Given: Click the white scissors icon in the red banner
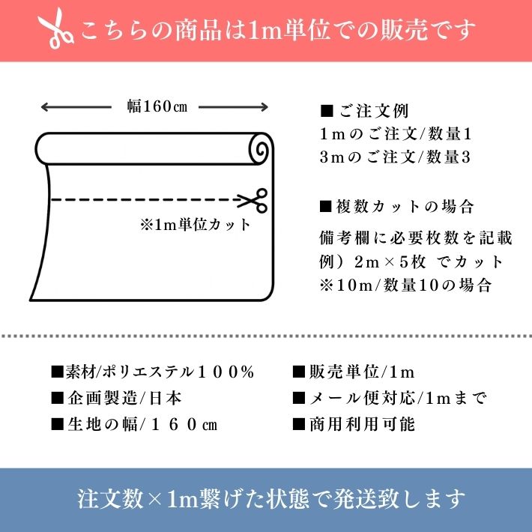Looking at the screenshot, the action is click(55, 28).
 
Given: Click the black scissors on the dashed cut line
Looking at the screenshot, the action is click(253, 201).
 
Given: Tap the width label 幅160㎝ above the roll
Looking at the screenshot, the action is click(157, 106).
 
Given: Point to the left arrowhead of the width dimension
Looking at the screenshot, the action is click(43, 107).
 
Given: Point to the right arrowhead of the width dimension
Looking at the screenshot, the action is click(265, 107).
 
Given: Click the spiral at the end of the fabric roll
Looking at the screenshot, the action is click(262, 148).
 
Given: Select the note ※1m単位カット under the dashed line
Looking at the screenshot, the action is click(196, 225).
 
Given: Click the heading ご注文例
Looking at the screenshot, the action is click(364, 111).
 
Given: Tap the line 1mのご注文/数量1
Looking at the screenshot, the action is click(396, 134).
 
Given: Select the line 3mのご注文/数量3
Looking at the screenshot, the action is click(395, 157).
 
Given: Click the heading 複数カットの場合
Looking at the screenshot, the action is click(396, 206).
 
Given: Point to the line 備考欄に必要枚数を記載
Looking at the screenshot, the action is click(416, 238).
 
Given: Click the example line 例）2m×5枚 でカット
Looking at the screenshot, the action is click(411, 262).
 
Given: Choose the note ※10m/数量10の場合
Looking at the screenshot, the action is click(405, 285).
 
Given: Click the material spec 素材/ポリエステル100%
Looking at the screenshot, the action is click(152, 372).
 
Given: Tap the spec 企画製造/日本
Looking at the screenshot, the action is click(116, 398).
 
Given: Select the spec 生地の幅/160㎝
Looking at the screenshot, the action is click(134, 424).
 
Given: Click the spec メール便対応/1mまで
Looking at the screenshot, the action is click(390, 398).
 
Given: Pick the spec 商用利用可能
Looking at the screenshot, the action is click(354, 424).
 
